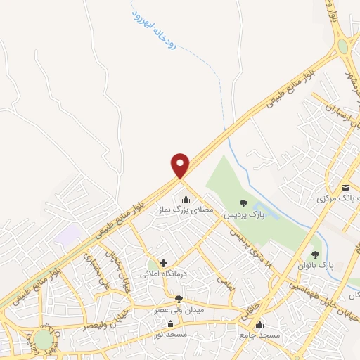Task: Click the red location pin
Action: pyautogui.click(x=181, y=165)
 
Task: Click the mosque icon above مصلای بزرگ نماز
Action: pyautogui.click(x=186, y=200)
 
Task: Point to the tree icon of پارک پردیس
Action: pyautogui.click(x=244, y=204)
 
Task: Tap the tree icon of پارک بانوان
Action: pyautogui.click(x=316, y=255)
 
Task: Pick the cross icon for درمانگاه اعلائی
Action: pyautogui.click(x=164, y=263)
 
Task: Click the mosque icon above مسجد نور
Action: pyautogui.click(x=170, y=324)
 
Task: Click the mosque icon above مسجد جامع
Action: pyautogui.click(x=260, y=324)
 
